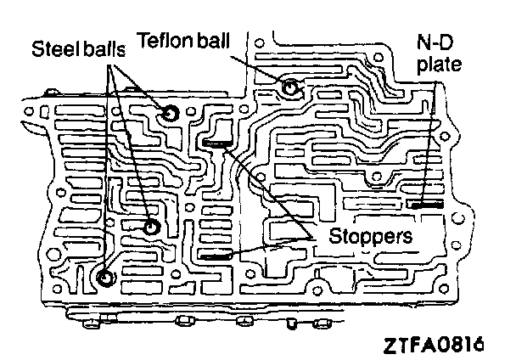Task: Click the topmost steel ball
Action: [171, 114]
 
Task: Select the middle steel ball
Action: [151, 227]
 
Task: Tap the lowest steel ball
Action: [104, 278]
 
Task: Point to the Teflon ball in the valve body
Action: [290, 87]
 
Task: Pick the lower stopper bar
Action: [217, 255]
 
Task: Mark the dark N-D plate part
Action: [421, 205]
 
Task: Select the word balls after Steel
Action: [104, 48]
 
